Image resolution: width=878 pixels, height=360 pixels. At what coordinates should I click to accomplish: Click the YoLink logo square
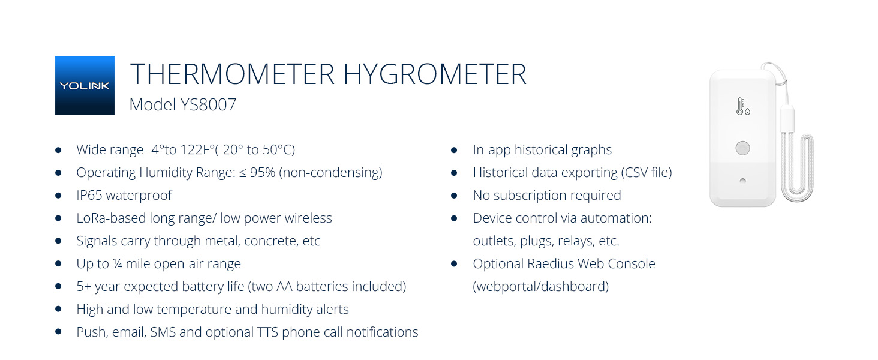point(85,85)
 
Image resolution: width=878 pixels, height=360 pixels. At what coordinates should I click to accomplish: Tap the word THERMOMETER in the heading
point(232,74)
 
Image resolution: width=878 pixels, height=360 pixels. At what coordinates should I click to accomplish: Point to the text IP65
point(89,196)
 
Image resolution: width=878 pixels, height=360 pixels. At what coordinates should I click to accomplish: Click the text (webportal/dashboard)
point(540,287)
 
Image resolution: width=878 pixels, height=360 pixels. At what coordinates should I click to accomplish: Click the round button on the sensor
point(742,148)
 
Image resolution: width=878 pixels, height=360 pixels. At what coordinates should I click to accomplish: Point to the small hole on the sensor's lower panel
point(742,181)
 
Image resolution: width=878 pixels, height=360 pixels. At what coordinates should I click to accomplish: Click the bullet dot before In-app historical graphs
point(454,150)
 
